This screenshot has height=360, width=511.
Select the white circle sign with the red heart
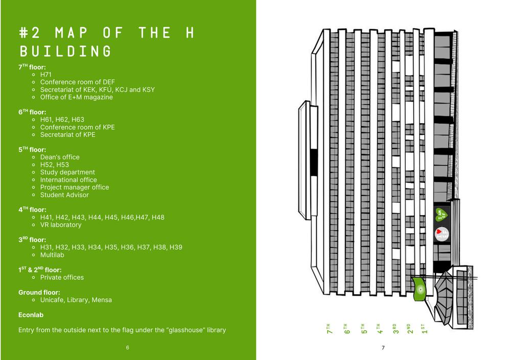coord(441,234)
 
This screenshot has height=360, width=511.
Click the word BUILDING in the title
coord(65,52)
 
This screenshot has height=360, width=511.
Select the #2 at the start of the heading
coord(31,33)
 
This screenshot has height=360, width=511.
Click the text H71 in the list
coord(46,75)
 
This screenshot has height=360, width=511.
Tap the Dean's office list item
coord(60,157)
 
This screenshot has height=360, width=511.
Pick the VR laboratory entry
coord(61,225)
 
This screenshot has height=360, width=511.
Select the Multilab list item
coord(52,255)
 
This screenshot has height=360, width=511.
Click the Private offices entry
coord(62,277)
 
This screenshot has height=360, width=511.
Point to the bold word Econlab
coord(32,315)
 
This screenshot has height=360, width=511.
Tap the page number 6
coord(128,348)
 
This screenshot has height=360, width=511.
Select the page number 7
coord(383,348)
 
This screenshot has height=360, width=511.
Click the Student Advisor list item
coord(64,195)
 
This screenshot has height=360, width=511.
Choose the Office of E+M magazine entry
coord(77,97)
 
